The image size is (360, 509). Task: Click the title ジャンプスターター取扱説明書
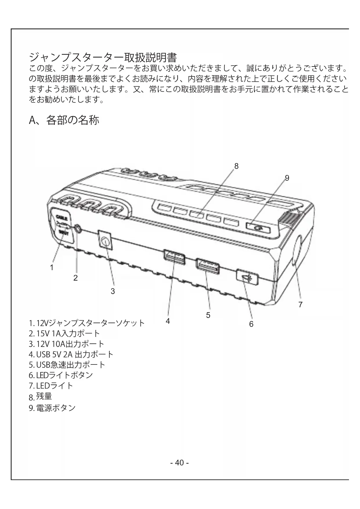103,57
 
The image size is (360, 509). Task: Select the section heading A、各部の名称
64,120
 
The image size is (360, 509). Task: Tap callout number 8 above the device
236,166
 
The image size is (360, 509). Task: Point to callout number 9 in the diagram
287,178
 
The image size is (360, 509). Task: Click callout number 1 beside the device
52,267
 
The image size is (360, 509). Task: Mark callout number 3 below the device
113,291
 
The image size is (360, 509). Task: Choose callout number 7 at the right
301,304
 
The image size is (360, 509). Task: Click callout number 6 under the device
251,324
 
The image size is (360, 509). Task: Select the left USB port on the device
174,257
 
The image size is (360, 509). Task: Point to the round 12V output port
105,241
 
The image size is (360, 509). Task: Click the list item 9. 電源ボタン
52,408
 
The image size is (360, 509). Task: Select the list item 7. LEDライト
51,386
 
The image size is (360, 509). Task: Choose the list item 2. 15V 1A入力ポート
64,333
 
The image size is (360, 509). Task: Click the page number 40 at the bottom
180,463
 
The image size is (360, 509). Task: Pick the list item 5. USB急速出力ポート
67,365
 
